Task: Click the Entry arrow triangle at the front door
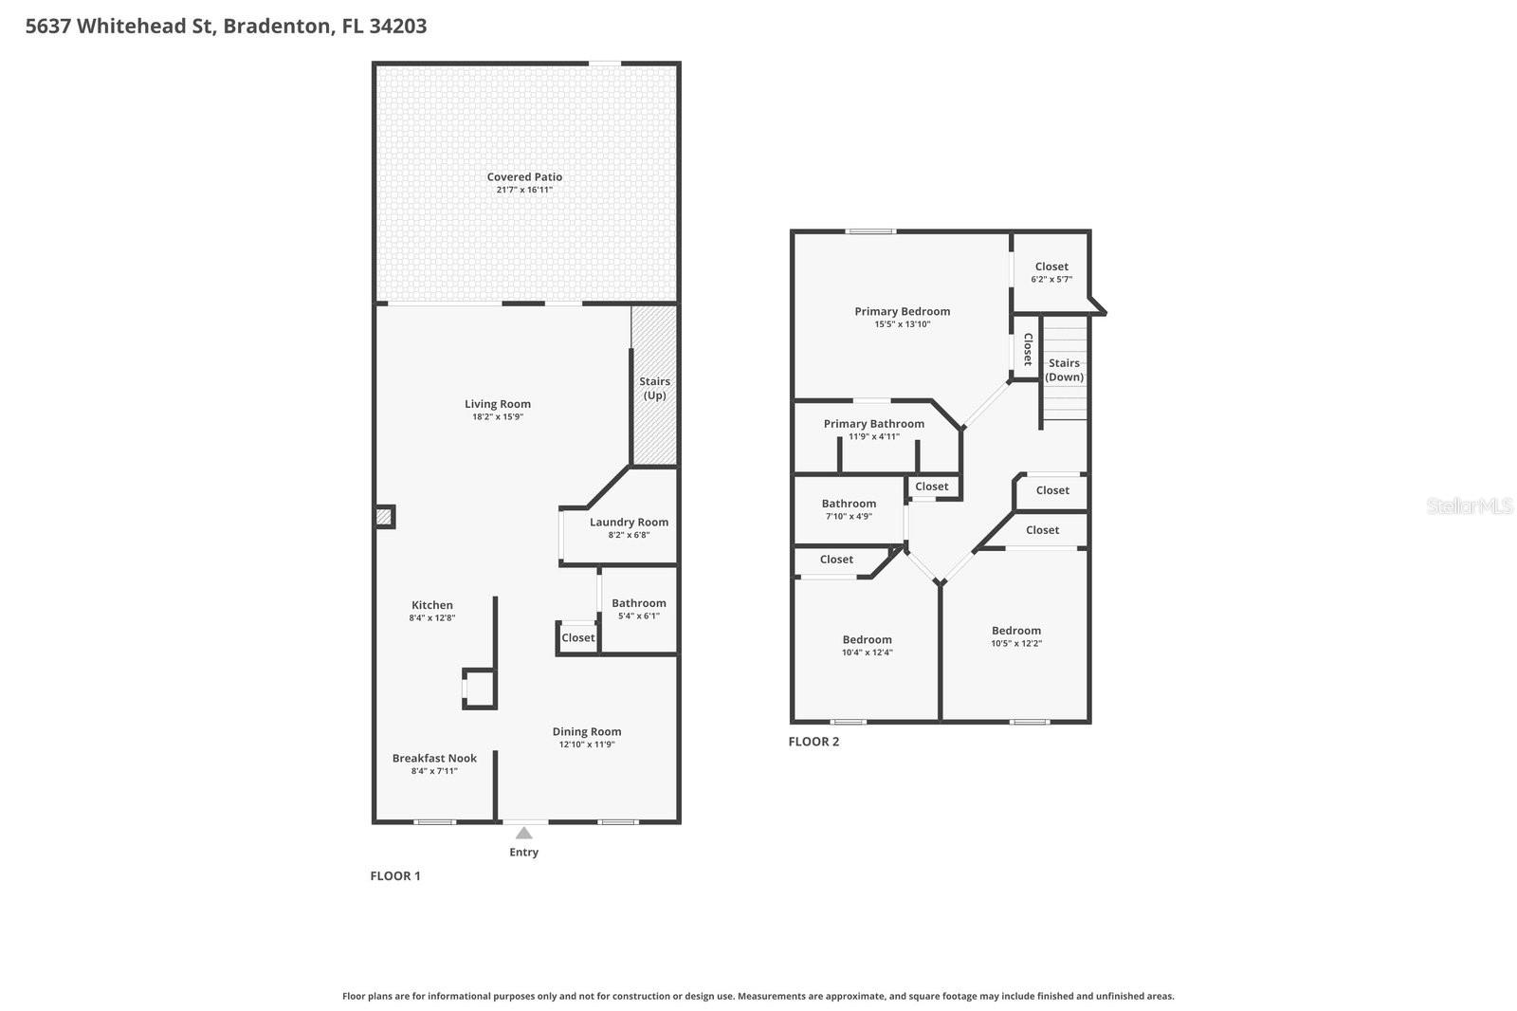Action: pyautogui.click(x=523, y=833)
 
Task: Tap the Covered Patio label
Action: pyautogui.click(x=524, y=177)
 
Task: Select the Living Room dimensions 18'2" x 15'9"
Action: pyautogui.click(x=498, y=417)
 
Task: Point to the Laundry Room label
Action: pyautogui.click(x=629, y=523)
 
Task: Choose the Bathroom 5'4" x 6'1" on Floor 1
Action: pyautogui.click(x=638, y=609)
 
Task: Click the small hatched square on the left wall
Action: pyautogui.click(x=383, y=517)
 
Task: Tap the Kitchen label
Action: pyautogui.click(x=432, y=605)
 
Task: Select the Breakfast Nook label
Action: pyautogui.click(x=434, y=758)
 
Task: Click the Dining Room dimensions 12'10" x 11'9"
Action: pyautogui.click(x=587, y=744)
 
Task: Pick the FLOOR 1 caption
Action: pyautogui.click(x=394, y=875)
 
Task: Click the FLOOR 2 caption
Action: pyautogui.click(x=813, y=742)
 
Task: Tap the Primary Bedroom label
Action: pyautogui.click(x=902, y=311)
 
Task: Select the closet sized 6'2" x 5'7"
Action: pyautogui.click(x=1051, y=272)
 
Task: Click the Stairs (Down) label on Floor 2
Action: pyautogui.click(x=1064, y=370)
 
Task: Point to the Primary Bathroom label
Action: pyautogui.click(x=873, y=424)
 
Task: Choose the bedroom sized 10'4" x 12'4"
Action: pyautogui.click(x=867, y=645)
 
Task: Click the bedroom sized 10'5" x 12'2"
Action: pyautogui.click(x=1015, y=636)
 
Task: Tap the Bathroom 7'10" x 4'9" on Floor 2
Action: pyautogui.click(x=849, y=509)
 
